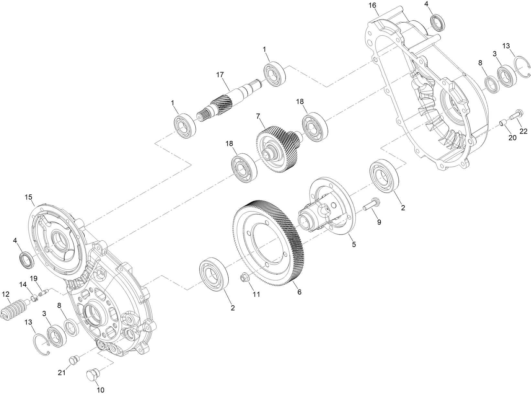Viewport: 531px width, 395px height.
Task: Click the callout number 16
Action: pyautogui.click(x=372, y=5)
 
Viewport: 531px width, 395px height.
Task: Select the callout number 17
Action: pyautogui.click(x=220, y=75)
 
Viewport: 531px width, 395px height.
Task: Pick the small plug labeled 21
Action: pyautogui.click(x=73, y=359)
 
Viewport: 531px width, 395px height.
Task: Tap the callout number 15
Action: pyautogui.click(x=29, y=197)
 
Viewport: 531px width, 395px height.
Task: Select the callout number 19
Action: pyautogui.click(x=34, y=278)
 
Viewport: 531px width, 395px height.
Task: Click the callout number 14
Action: pyautogui.click(x=23, y=284)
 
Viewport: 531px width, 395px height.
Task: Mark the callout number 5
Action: pyautogui.click(x=354, y=245)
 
